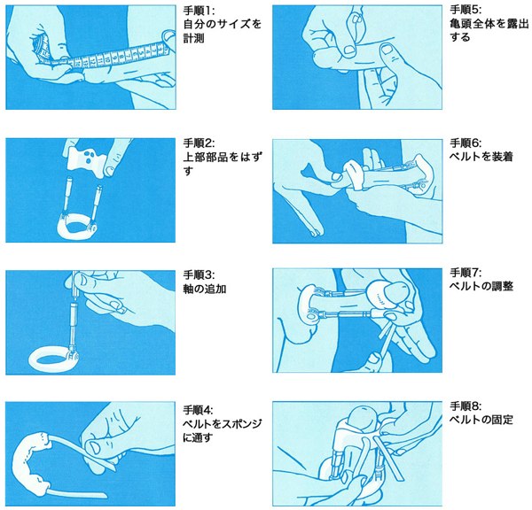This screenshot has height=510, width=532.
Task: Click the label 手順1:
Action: [199, 11]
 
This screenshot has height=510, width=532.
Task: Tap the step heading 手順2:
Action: [199, 143]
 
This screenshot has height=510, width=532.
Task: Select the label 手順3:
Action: [199, 274]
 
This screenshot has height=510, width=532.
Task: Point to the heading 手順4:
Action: [199, 410]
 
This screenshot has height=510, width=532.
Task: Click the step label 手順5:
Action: [465, 10]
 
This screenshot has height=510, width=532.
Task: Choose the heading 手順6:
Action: [465, 143]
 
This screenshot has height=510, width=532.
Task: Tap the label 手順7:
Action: [465, 273]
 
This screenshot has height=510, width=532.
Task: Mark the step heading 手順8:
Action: [465, 406]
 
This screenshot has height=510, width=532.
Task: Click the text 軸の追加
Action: [205, 289]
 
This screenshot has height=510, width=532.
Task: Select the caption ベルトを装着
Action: [481, 157]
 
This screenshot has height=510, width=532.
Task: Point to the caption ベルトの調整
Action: [481, 286]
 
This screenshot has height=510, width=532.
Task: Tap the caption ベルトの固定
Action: [481, 420]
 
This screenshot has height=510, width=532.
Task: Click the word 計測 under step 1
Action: [194, 38]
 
